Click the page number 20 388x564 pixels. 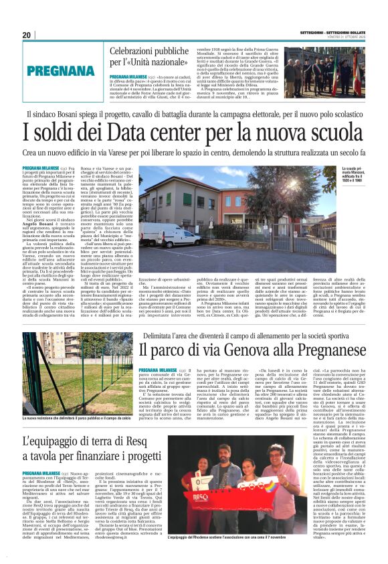click(x=27, y=35)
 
